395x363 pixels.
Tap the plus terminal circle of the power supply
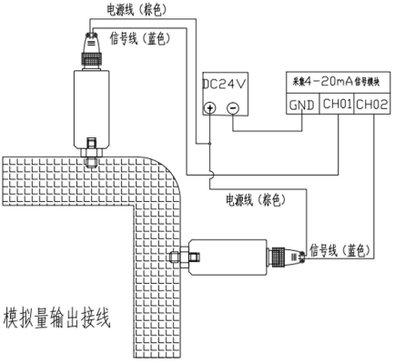[x=210, y=107]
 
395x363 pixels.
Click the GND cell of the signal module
[x=301, y=105]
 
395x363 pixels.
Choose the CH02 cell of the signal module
[x=373, y=105]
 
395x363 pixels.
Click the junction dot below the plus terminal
[x=210, y=143]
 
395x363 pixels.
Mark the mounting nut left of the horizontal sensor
[x=177, y=257]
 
